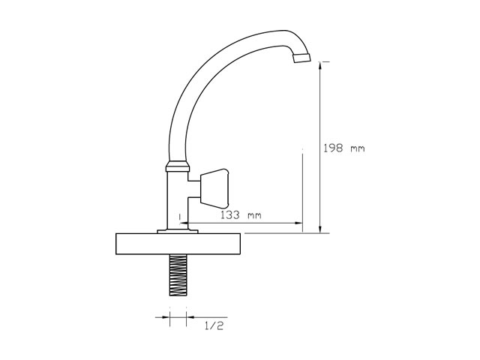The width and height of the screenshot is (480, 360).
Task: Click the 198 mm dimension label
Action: [344, 148]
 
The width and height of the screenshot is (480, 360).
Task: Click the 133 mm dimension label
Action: [241, 215]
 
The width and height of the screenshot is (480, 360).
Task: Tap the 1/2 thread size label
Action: [214, 326]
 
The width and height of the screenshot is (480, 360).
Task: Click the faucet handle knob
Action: [214, 187]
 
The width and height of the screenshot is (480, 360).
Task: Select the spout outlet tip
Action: [301, 58]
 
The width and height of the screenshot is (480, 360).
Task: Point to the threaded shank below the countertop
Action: [178, 275]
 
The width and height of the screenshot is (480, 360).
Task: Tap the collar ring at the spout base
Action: [178, 166]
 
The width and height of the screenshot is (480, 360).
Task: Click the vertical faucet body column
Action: [178, 200]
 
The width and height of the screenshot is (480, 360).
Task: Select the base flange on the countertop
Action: [178, 232]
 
